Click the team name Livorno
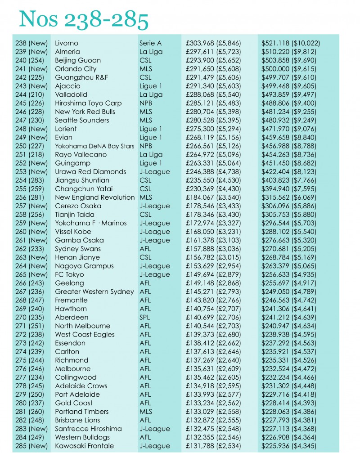click(x=66, y=43)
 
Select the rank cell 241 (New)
click(x=31, y=69)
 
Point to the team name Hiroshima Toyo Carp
click(x=88, y=103)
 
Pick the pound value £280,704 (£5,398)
click(x=213, y=112)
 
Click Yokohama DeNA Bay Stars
click(x=94, y=146)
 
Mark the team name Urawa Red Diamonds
click(x=90, y=172)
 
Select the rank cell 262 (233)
click(x=31, y=249)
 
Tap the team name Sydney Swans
click(x=78, y=249)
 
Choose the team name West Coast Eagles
click(x=85, y=334)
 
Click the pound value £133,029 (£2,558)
click(x=213, y=412)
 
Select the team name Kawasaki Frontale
click(x=84, y=446)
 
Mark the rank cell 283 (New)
click(x=31, y=429)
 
